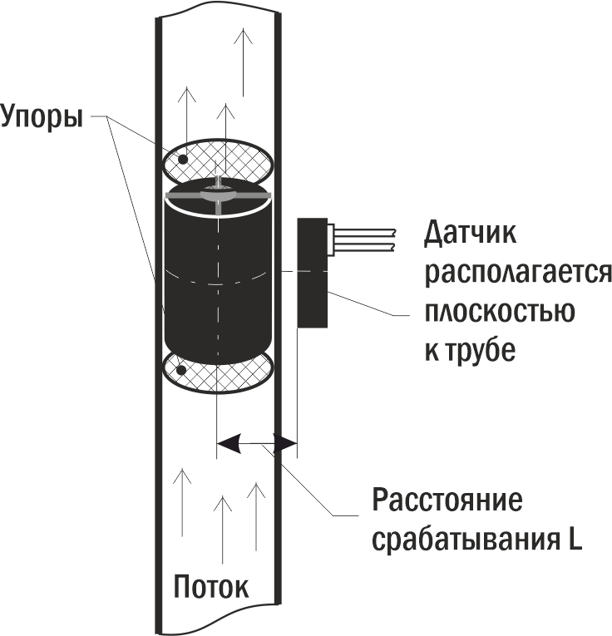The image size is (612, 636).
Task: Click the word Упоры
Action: click(x=42, y=115)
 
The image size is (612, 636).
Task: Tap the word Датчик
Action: click(x=470, y=234)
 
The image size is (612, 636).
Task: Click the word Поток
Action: click(x=210, y=587)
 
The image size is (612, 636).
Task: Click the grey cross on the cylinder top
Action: click(x=217, y=195)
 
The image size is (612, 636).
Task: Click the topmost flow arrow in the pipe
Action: click(x=243, y=62)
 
